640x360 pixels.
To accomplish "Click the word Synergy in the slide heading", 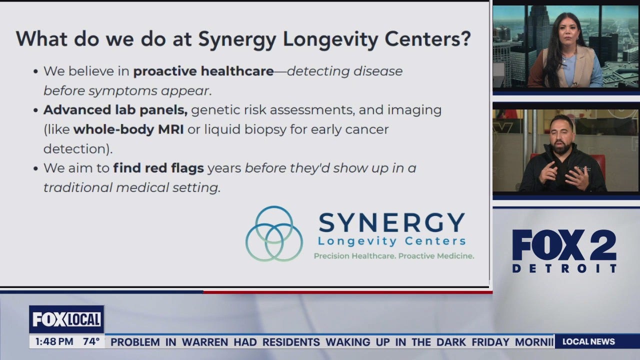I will pyautogui.click(x=237, y=39).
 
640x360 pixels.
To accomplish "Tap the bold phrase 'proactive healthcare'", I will pyautogui.click(x=203, y=71).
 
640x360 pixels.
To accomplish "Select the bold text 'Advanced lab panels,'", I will pyautogui.click(x=115, y=110).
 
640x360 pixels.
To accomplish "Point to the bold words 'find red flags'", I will pyautogui.click(x=158, y=168).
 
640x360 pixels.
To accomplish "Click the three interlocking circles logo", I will pyautogui.click(x=274, y=233).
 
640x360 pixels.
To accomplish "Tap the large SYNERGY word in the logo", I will pyautogui.click(x=391, y=222).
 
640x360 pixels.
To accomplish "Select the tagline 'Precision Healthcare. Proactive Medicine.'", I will pyautogui.click(x=393, y=256).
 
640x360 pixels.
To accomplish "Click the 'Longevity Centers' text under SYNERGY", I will pyautogui.click(x=391, y=241).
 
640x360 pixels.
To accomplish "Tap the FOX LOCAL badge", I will pyautogui.click(x=66, y=319).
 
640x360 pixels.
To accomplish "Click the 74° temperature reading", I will pyautogui.click(x=91, y=342).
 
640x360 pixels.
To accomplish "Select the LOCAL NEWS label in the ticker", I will pyautogui.click(x=588, y=342).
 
